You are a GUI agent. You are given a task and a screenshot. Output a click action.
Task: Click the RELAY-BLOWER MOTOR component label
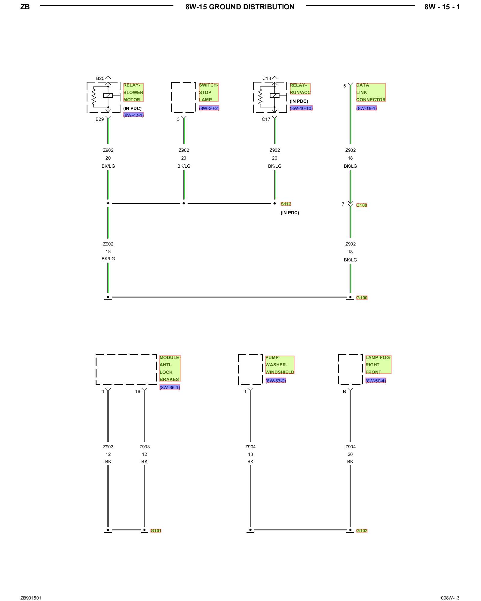tap(133, 92)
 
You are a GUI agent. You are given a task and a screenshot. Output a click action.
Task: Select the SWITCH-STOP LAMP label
tap(208, 92)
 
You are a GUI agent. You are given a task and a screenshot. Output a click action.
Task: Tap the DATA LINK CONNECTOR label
tap(371, 92)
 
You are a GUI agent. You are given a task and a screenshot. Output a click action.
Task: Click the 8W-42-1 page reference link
tap(133, 115)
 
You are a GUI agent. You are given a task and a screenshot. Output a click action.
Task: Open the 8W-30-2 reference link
tap(209, 108)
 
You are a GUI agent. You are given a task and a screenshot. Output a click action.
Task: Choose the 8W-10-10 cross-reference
tap(301, 108)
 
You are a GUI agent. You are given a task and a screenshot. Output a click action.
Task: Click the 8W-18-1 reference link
tap(366, 108)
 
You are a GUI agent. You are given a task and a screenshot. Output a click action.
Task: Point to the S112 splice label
tap(286, 204)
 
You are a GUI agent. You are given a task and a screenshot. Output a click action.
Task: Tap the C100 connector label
tap(362, 205)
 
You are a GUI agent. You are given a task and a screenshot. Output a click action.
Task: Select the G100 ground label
tap(362, 298)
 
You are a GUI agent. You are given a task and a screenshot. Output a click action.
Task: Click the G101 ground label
tap(156, 531)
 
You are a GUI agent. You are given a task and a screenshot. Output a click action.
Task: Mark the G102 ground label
tap(362, 531)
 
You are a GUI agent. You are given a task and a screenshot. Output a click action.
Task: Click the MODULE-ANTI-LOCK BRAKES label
tap(170, 368)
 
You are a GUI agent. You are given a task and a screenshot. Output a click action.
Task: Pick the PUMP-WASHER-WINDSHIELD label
tap(280, 365)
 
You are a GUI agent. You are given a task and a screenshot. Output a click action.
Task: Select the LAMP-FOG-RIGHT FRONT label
tap(378, 365)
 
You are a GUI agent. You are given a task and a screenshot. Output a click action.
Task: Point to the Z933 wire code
tap(145, 447)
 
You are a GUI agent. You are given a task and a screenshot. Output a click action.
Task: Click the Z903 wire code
tap(108, 447)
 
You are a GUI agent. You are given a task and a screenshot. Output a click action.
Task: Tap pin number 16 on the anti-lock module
tap(138, 392)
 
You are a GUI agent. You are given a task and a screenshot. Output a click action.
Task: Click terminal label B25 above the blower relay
tap(100, 78)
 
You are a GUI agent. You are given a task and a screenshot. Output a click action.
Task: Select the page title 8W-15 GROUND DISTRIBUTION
tap(240, 7)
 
